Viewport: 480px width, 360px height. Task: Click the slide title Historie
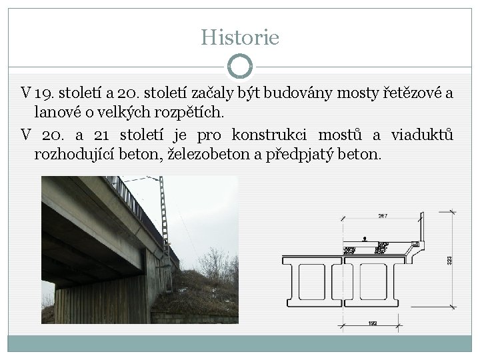240,36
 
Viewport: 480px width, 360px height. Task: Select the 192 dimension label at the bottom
373,323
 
